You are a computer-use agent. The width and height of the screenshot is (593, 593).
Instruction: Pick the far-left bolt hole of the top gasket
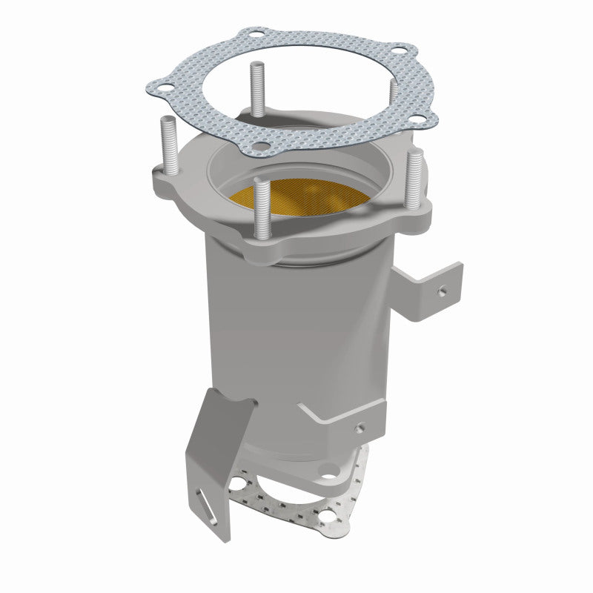[x=155, y=83]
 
